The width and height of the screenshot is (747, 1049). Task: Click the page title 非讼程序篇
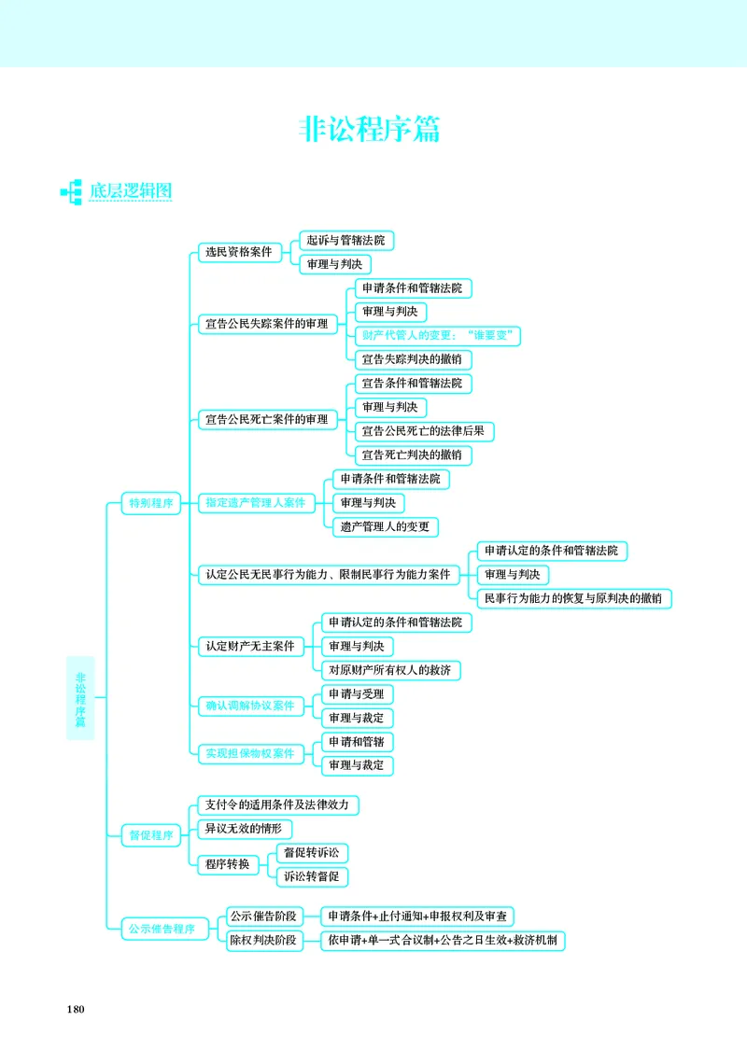pyautogui.click(x=370, y=129)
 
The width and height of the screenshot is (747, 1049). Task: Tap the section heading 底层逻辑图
pyautogui.click(x=131, y=190)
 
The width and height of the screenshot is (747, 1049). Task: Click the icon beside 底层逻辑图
pyautogui.click(x=71, y=192)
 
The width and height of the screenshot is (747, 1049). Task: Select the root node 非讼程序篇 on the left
pyautogui.click(x=80, y=698)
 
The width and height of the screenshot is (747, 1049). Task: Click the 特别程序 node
pyautogui.click(x=151, y=503)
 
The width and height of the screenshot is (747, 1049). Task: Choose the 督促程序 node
pyautogui.click(x=151, y=835)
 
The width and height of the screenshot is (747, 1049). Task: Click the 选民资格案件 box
pyautogui.click(x=239, y=252)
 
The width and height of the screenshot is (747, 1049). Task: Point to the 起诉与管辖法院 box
pyautogui.click(x=346, y=240)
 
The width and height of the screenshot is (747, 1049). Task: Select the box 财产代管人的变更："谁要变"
pyautogui.click(x=438, y=336)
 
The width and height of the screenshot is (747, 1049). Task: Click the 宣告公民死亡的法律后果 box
pyautogui.click(x=424, y=431)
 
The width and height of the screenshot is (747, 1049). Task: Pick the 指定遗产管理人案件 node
pyautogui.click(x=256, y=503)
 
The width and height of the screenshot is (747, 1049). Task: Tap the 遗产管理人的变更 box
pyautogui.click(x=386, y=527)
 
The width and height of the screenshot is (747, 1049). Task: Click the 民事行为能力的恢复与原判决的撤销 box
pyautogui.click(x=573, y=599)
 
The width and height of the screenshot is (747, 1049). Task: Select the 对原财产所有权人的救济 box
pyautogui.click(x=390, y=670)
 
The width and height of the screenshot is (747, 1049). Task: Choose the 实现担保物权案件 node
pyautogui.click(x=250, y=754)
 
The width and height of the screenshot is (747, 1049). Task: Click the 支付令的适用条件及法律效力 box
pyautogui.click(x=277, y=804)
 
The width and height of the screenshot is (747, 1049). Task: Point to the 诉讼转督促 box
pyautogui.click(x=312, y=877)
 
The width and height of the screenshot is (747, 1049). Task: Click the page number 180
pyautogui.click(x=76, y=1010)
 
